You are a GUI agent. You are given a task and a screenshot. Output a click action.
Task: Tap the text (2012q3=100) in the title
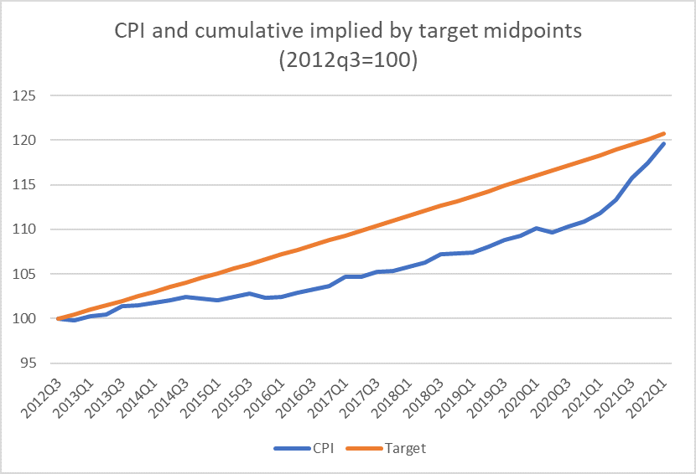click(x=348, y=62)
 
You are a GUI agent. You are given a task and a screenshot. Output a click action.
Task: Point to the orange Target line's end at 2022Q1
click(x=665, y=133)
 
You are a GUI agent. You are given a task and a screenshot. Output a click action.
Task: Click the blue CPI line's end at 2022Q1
click(x=665, y=143)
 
